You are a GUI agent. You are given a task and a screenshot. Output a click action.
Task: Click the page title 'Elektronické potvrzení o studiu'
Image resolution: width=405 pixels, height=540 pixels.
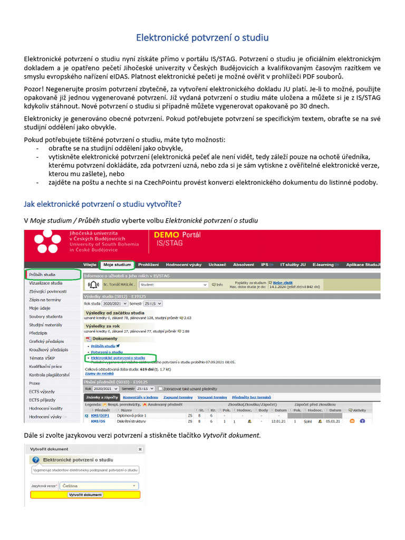[202, 37]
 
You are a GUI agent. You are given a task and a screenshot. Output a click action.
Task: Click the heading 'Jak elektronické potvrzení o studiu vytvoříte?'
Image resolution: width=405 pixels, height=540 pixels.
[104, 204]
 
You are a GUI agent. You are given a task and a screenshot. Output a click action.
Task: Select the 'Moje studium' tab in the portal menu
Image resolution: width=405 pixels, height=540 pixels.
[117, 264]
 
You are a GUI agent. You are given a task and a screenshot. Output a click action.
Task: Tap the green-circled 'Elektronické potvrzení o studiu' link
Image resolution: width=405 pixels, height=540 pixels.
[118, 358]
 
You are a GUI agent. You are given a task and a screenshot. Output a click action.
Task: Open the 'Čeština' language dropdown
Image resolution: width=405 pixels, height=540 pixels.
[100, 485]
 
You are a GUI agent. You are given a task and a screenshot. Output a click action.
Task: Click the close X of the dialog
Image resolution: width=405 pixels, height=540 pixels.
[140, 449]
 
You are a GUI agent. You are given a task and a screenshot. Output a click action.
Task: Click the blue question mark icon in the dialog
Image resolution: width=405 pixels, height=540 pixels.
[36, 460]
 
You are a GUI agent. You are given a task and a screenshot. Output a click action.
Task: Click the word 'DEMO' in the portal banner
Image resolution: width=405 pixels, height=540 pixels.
[166, 235]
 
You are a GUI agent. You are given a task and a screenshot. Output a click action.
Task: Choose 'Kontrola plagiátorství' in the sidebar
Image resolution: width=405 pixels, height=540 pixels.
[49, 375]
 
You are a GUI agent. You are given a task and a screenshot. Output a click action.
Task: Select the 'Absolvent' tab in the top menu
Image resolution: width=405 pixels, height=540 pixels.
[244, 264]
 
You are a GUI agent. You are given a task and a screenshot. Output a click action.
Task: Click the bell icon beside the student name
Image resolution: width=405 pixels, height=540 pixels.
[94, 285]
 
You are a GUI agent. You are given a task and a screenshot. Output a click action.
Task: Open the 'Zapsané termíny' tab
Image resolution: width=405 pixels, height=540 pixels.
[178, 397]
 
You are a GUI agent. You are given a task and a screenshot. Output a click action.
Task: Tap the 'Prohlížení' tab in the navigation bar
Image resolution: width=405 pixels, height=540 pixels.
[149, 264]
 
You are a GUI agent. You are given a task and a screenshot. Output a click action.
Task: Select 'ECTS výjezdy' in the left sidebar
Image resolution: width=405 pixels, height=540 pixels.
[43, 392]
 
